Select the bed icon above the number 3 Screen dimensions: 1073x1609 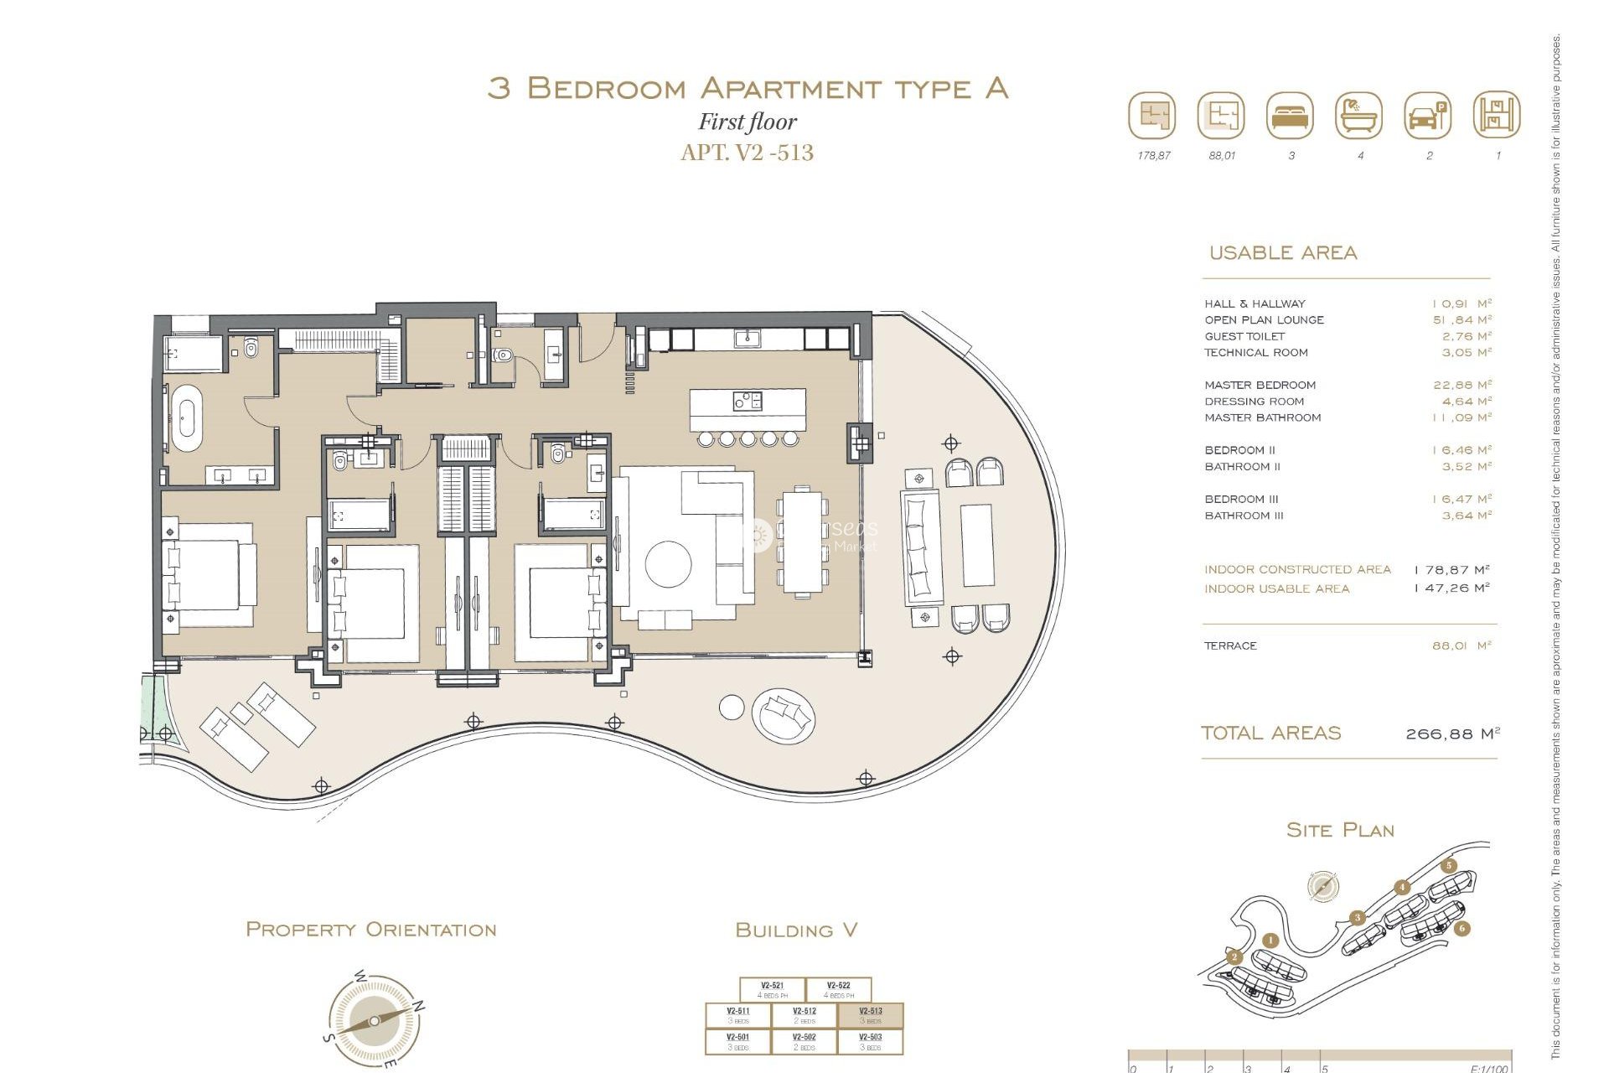[1291, 116]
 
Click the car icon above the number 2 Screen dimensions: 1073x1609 [1427, 116]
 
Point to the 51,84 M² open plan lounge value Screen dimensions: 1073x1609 [1462, 320]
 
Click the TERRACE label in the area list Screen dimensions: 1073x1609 [1230, 646]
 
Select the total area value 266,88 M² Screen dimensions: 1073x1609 [1451, 734]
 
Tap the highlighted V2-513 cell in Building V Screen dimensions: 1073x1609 [871, 1015]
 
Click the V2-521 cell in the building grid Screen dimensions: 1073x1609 [772, 990]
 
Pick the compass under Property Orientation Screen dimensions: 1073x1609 [374, 1021]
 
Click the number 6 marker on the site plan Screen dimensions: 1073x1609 [1462, 928]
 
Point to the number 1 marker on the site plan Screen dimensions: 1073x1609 [1270, 941]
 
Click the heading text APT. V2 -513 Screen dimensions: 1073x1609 [747, 153]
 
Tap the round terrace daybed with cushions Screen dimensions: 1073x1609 [784, 715]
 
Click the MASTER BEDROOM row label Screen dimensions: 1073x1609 [1260, 386]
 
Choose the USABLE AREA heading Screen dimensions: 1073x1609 [1282, 253]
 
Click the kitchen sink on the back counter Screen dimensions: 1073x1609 [747, 339]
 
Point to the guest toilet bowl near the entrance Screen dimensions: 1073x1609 [503, 355]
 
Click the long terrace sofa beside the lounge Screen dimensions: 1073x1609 [920, 547]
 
